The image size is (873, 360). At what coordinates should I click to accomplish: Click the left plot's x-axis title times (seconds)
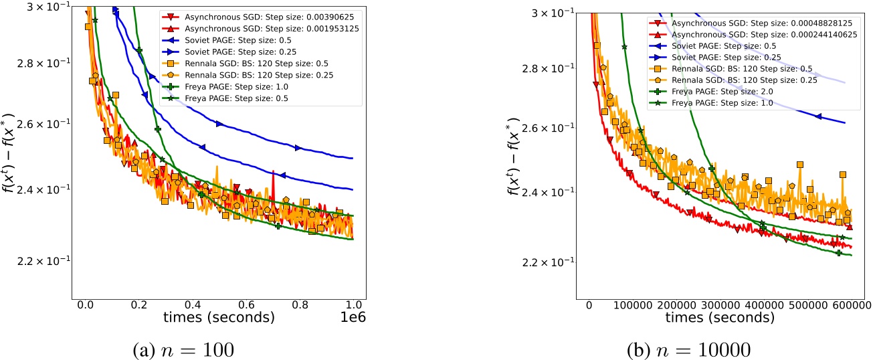point(212,319)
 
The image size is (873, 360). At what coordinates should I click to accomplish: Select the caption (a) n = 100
point(213,348)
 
